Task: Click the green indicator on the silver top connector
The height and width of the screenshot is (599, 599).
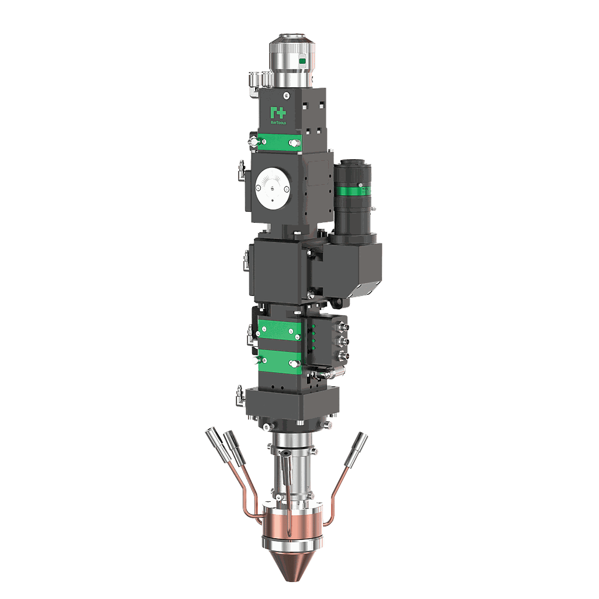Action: pyautogui.click(x=302, y=61)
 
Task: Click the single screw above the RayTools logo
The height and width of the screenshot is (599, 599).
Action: pyautogui.click(x=285, y=95)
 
